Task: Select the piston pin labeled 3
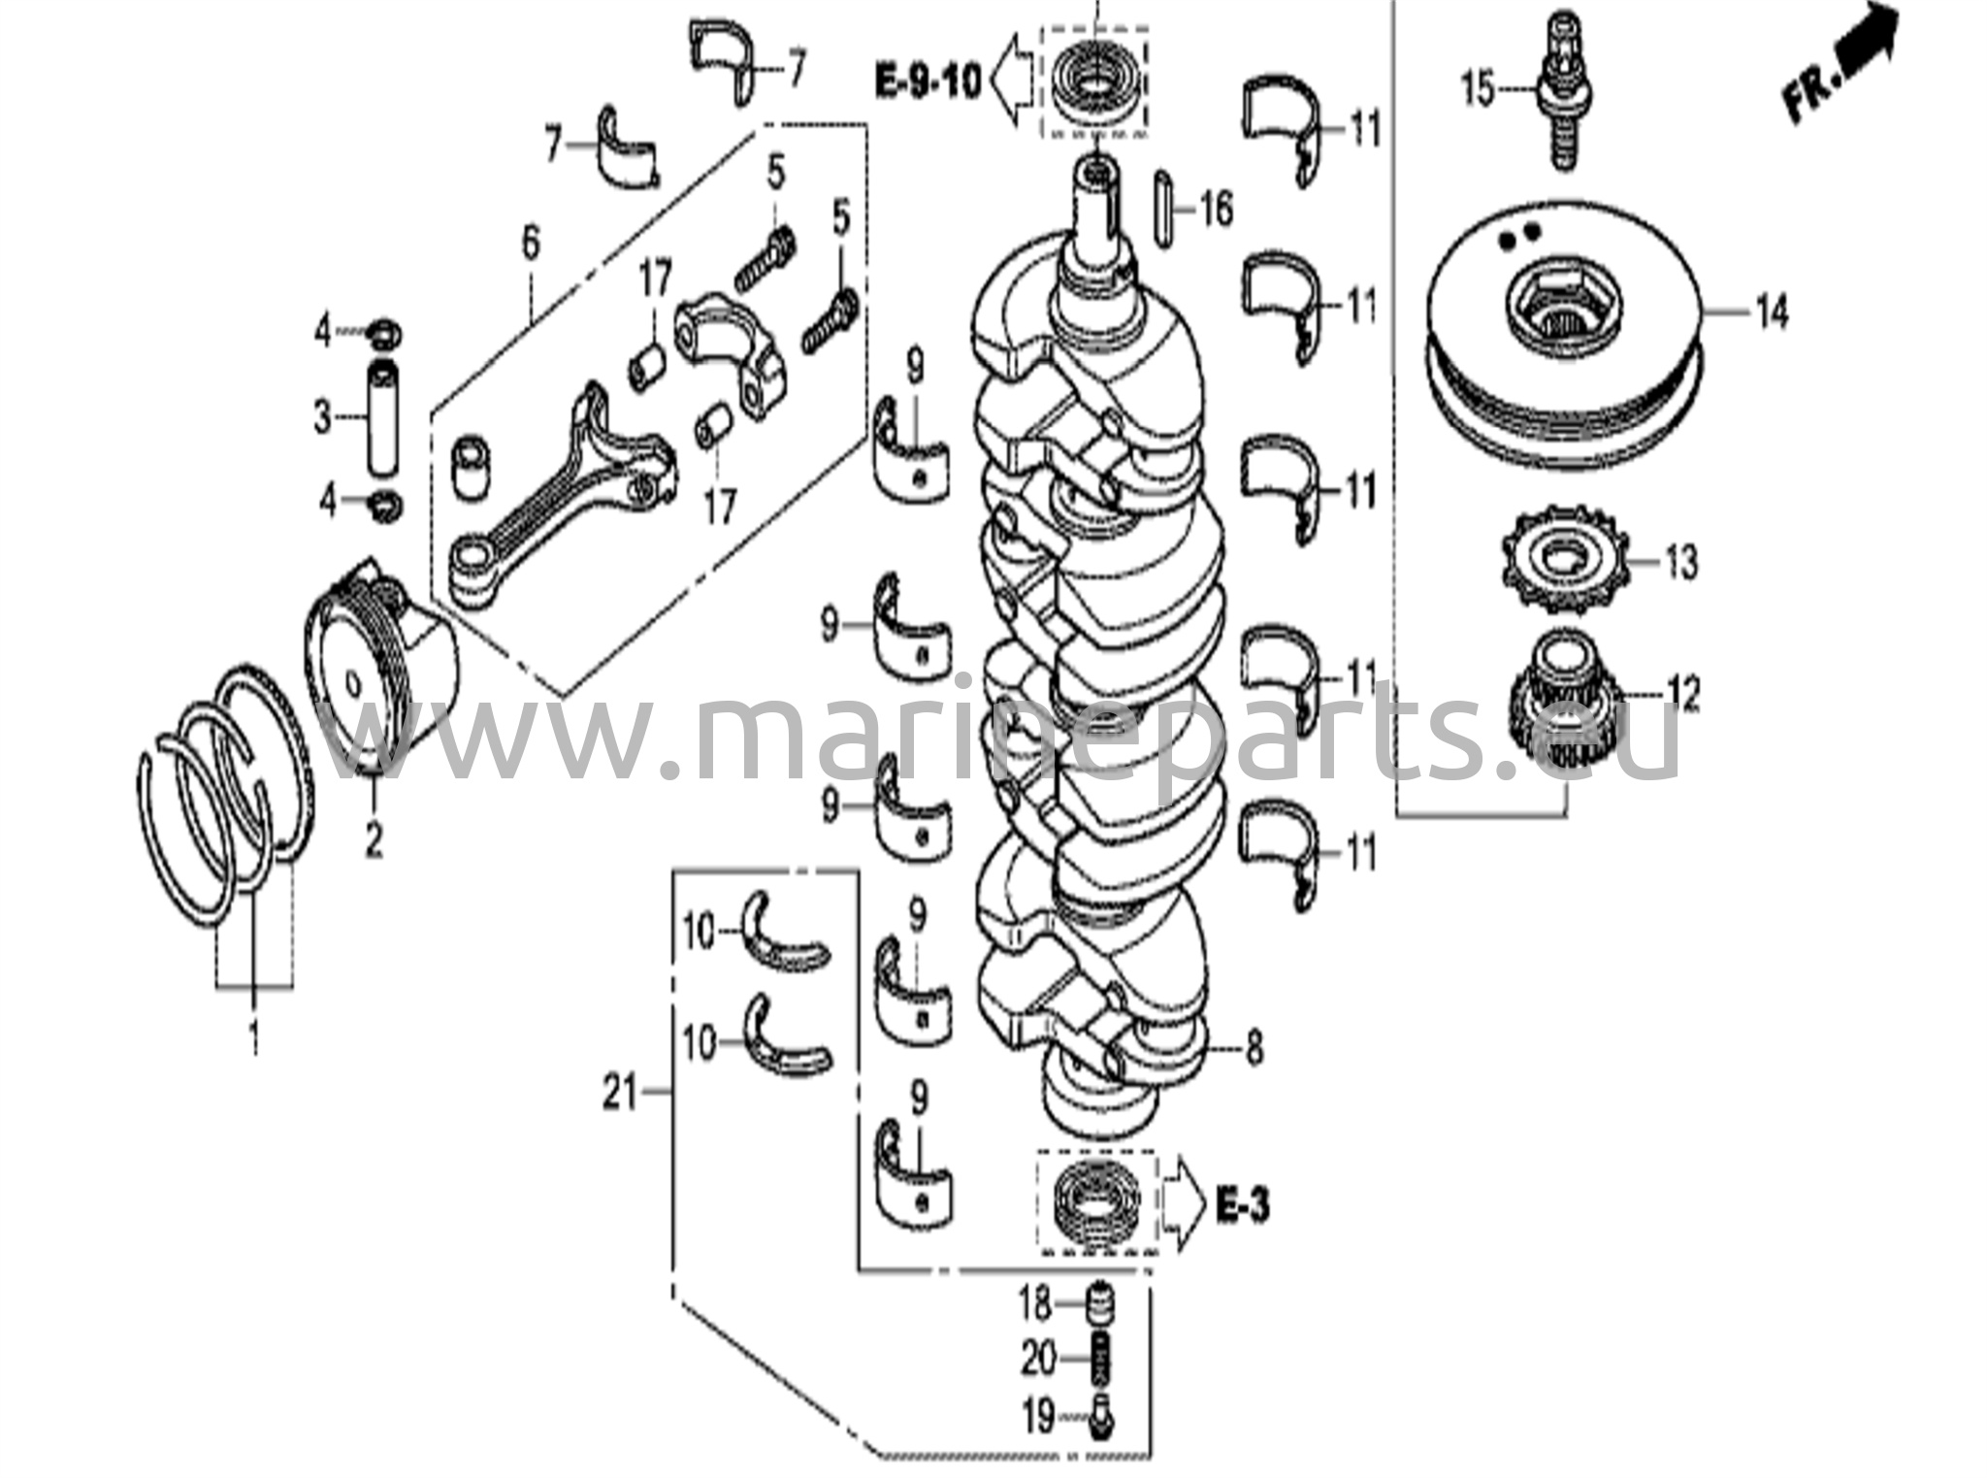tap(384, 418)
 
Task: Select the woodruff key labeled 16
tap(1164, 208)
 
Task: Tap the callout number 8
tap(1254, 1047)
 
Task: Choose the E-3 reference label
tap(1242, 1206)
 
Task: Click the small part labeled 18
tap(1098, 1302)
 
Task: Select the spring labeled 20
tap(1098, 1360)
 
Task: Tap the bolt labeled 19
tap(1100, 1416)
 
